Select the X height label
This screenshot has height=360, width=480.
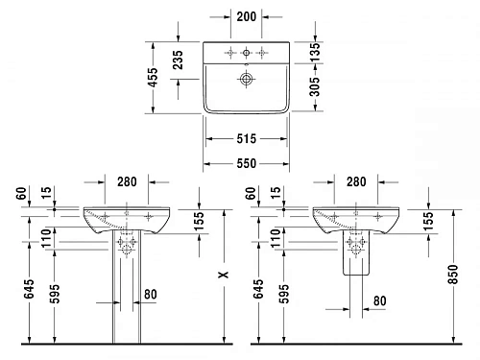[x=222, y=275]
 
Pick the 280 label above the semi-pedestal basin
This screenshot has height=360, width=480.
[x=356, y=182]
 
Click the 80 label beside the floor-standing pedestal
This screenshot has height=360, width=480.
[x=150, y=295]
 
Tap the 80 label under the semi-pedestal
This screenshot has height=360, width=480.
[x=379, y=300]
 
